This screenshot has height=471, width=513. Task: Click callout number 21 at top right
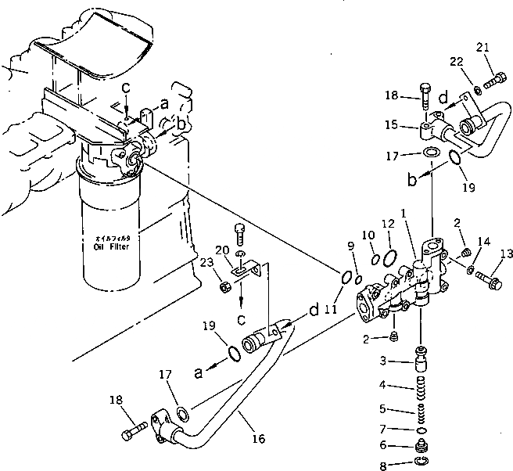pos(482,48)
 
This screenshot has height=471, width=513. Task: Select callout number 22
pos(455,62)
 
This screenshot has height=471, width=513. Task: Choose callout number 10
pos(367,235)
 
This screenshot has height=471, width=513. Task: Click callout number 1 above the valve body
pos(403,212)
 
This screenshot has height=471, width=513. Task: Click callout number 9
pos(351,246)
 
